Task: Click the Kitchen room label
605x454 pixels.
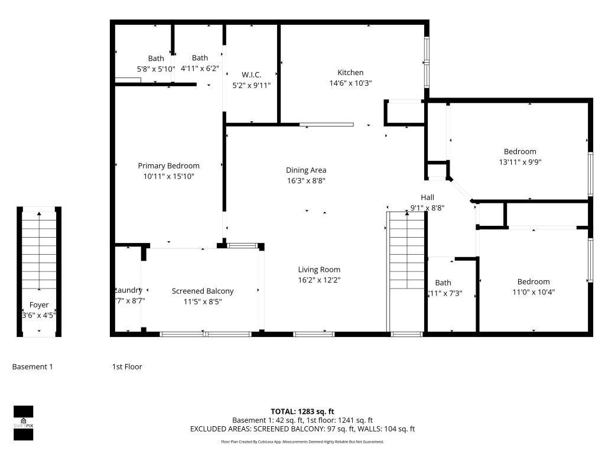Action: click(x=350, y=73)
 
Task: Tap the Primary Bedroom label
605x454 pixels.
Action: click(x=168, y=166)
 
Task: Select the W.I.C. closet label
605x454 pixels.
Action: click(x=251, y=74)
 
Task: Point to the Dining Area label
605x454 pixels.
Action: click(x=306, y=170)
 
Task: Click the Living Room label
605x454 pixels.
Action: click(x=319, y=270)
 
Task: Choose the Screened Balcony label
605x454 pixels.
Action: click(x=203, y=291)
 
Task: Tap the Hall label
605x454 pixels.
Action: click(x=427, y=197)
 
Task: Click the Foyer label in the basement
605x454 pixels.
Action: click(x=39, y=305)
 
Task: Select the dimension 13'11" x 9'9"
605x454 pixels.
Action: click(x=520, y=162)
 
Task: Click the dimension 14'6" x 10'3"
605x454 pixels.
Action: click(x=350, y=83)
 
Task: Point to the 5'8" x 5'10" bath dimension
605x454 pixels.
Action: click(x=156, y=69)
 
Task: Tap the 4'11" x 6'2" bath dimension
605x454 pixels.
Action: click(x=200, y=68)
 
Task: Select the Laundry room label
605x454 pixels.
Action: click(x=128, y=290)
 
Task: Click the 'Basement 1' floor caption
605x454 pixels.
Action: click(x=32, y=367)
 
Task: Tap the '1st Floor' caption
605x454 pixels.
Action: click(x=127, y=367)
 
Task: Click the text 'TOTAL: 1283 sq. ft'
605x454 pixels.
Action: click(x=302, y=411)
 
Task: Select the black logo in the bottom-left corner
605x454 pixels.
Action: click(x=24, y=421)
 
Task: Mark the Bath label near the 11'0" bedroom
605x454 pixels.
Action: click(x=443, y=283)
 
